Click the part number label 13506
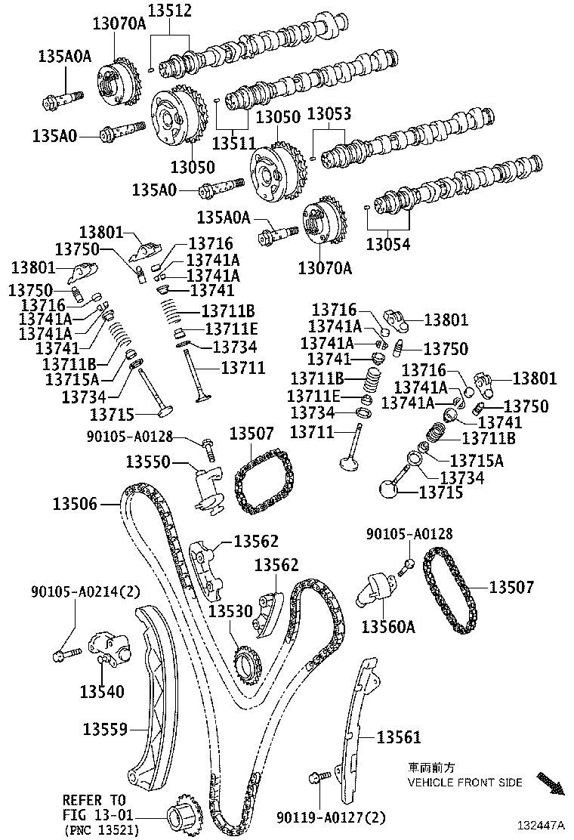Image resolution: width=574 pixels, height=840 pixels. coord(76,503)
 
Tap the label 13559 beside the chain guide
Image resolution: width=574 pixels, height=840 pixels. coord(104,729)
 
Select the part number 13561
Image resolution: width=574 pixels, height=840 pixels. coord(399,737)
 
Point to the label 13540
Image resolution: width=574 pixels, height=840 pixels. coord(102,691)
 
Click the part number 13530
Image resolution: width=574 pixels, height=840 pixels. coord(230,610)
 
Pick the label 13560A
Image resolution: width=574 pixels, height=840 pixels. coord(388,626)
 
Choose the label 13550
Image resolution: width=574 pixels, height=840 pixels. coord(148,462)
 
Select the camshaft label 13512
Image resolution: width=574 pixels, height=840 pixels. coord(169,11)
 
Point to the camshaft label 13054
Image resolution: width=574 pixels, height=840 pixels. coord(390,244)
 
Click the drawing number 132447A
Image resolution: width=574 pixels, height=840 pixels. coord(541,826)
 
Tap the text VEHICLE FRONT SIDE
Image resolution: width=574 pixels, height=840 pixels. coord(464,783)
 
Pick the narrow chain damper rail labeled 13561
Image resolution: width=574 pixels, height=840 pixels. coord(359,733)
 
